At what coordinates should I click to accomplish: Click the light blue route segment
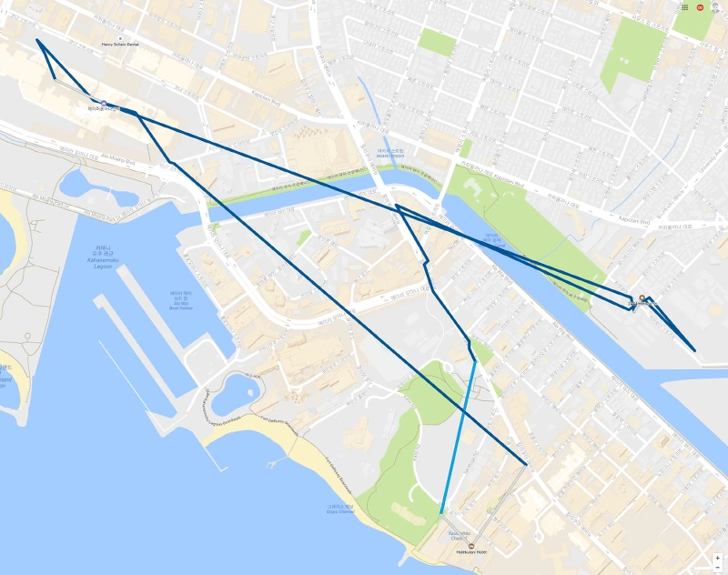click(459, 437)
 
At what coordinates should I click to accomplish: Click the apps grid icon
click(684, 7)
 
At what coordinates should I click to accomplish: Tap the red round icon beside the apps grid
click(699, 7)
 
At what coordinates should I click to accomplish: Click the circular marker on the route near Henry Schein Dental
click(105, 104)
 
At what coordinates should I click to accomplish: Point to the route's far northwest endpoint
click(37, 40)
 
